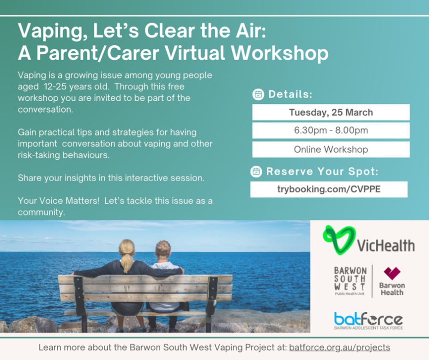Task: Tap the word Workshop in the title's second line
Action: (x=280, y=54)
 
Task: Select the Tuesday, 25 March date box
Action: (x=331, y=112)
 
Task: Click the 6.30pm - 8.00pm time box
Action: (x=331, y=130)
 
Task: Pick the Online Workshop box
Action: (x=331, y=149)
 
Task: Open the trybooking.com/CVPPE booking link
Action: (x=329, y=189)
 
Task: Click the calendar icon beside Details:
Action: (x=258, y=94)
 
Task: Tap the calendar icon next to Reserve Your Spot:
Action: (x=256, y=171)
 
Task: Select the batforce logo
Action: (x=369, y=321)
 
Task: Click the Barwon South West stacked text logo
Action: (x=350, y=281)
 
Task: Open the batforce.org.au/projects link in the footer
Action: (x=339, y=348)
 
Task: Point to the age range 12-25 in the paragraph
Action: (x=55, y=87)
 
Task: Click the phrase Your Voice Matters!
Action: (x=59, y=201)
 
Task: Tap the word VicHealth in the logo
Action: (x=386, y=245)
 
